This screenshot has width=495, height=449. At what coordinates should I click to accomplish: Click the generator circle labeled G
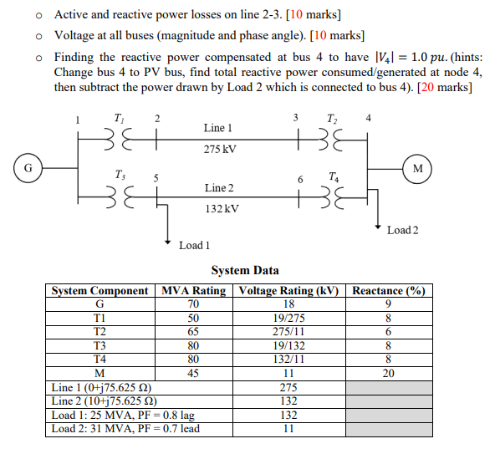tap(28, 166)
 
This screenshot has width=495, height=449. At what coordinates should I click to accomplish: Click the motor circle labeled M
tap(417, 166)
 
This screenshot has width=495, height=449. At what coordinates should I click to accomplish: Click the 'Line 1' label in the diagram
tap(218, 128)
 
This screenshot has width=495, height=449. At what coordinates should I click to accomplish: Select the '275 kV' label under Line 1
tap(220, 150)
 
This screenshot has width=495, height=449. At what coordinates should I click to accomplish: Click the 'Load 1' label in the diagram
tap(194, 245)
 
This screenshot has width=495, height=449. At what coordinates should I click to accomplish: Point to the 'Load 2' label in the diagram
tap(402, 230)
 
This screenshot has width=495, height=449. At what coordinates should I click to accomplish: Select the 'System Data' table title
tap(245, 270)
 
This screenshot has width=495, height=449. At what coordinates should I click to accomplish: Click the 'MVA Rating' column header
tap(193, 291)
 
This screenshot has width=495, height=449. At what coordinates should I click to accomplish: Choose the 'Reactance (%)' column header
tap(388, 291)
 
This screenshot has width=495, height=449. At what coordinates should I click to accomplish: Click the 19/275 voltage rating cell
tap(288, 318)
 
